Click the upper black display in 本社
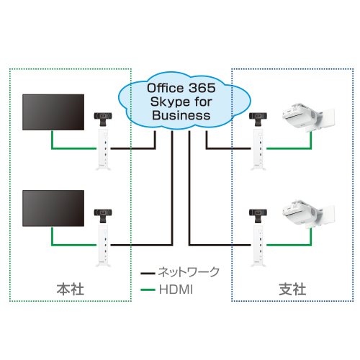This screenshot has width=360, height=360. pyautogui.click(x=53, y=112)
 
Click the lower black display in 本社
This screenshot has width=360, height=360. pyautogui.click(x=53, y=208)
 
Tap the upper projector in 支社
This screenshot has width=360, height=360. pyautogui.click(x=308, y=117)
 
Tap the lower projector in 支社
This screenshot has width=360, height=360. pyautogui.click(x=308, y=214)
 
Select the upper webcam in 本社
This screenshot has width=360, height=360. pyautogui.click(x=103, y=119)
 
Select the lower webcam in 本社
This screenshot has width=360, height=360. pyautogui.click(x=103, y=216)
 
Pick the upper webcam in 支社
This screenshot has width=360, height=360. pyautogui.click(x=258, y=119)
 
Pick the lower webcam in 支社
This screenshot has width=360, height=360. pyautogui.click(x=258, y=216)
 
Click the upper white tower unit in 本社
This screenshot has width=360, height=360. pyautogui.click(x=103, y=150)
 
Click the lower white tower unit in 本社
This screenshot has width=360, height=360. pyautogui.click(x=103, y=246)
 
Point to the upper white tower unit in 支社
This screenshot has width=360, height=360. pyautogui.click(x=258, y=150)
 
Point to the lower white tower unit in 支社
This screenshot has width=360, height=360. pyautogui.click(x=258, y=246)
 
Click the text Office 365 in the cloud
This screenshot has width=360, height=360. pyautogui.click(x=181, y=88)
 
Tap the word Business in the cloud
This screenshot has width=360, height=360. pyautogui.click(x=181, y=115)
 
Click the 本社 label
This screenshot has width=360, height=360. pyautogui.click(x=71, y=289)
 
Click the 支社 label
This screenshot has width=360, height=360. pyautogui.click(x=292, y=289)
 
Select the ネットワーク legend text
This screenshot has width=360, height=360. pyautogui.click(x=189, y=272)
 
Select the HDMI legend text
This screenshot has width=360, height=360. pyautogui.click(x=176, y=289)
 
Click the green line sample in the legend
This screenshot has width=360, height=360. pyautogui.click(x=148, y=290)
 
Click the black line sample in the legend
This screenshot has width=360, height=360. pyautogui.click(x=148, y=274)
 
